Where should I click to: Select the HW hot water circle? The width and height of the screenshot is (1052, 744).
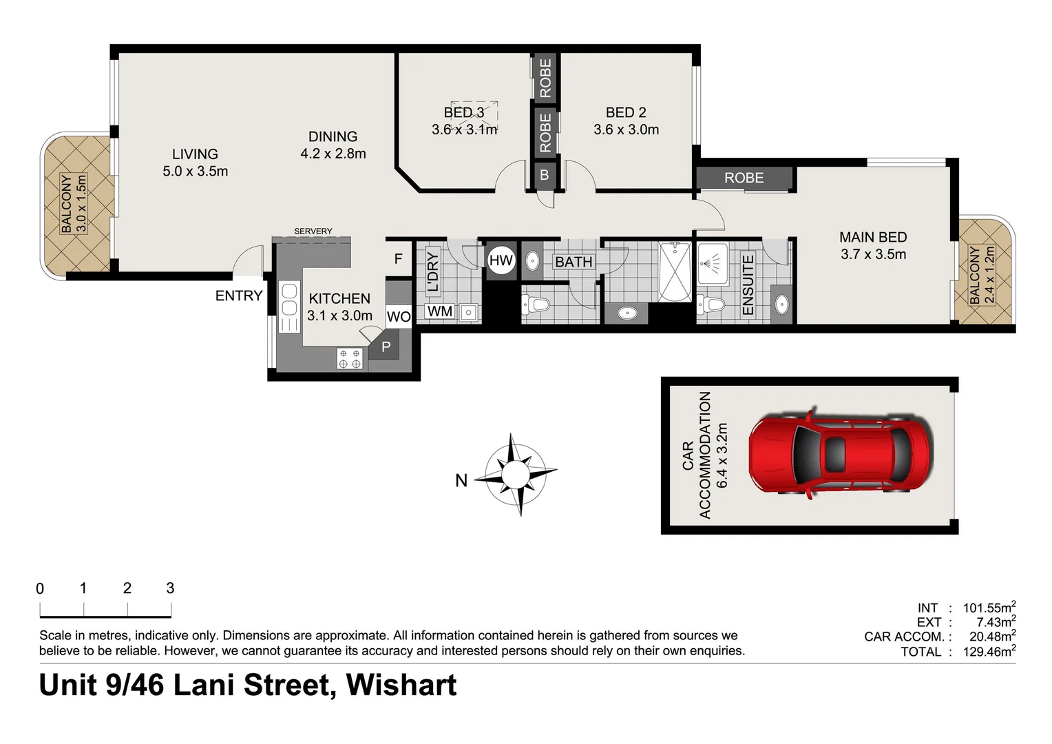(x=501, y=260)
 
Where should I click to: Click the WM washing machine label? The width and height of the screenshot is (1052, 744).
(x=439, y=311)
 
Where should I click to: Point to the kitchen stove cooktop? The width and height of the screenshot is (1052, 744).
(x=350, y=359)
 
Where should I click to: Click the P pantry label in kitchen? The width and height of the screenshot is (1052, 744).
(x=386, y=347)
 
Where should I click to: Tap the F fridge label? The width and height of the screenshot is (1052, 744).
(x=398, y=259)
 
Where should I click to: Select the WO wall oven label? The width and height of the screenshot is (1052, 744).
(x=399, y=317)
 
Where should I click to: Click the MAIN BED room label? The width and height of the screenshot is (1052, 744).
(x=872, y=237)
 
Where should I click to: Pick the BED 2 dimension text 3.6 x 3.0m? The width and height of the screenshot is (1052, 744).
(x=626, y=130)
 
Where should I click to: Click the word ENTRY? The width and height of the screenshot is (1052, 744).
(x=239, y=296)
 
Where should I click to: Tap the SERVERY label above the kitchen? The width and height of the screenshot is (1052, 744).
(x=313, y=231)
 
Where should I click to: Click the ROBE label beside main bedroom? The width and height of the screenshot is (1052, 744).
(x=744, y=178)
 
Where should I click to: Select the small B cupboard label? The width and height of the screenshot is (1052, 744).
(x=544, y=175)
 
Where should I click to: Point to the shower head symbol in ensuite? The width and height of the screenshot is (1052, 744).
(x=711, y=262)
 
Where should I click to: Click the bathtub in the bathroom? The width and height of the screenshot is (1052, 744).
(x=675, y=272)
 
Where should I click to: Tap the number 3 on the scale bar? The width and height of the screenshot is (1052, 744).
(x=170, y=588)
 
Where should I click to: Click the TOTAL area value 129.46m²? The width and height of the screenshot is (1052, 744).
(x=989, y=652)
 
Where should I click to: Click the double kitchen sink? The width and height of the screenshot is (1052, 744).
(x=289, y=300)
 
